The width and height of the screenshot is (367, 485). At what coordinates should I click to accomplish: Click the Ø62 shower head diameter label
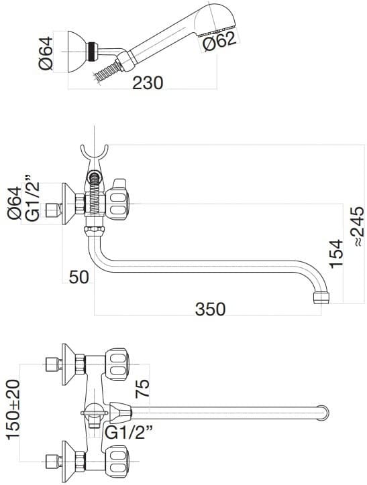pos(219,42)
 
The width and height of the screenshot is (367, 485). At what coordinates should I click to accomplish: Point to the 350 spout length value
pos(210,309)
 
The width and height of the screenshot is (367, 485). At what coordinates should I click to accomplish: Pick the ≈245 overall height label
pos(357,225)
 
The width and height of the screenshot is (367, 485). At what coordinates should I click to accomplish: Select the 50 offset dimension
pos(78,277)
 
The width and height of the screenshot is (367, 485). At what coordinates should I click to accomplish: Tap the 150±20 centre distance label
pos(13,408)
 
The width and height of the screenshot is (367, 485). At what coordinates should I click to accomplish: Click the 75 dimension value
pos(143,388)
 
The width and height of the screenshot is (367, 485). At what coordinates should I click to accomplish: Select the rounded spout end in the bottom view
pos(325,412)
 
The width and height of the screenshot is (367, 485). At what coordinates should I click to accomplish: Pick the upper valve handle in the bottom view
pos(118,366)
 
